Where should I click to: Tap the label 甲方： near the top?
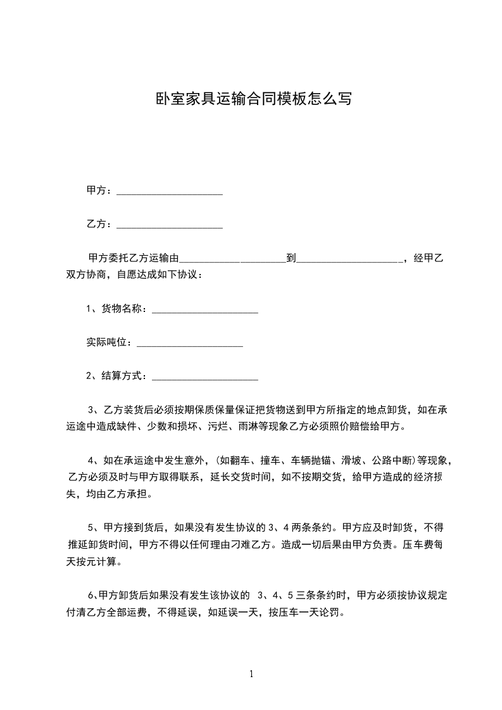pos(99,190)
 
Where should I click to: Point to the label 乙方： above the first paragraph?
pos(99,223)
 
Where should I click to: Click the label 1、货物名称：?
pos(117,309)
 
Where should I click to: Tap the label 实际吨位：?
pos(110,342)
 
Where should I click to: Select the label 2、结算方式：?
pos(117,376)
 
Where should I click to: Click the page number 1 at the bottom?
pos(251,674)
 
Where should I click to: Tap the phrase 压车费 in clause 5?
pos(415,544)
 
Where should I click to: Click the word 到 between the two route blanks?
pos(291,258)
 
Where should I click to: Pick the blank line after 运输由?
pos(234,259)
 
